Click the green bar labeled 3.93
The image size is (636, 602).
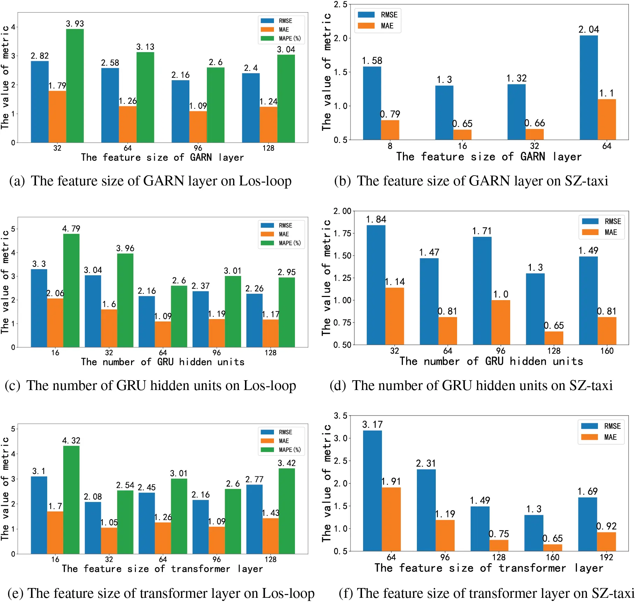click(x=75, y=86)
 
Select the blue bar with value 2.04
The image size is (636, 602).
click(x=588, y=87)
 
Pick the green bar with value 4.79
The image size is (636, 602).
click(x=71, y=290)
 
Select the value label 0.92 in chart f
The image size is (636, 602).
click(x=606, y=526)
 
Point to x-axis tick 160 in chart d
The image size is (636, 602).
click(x=607, y=351)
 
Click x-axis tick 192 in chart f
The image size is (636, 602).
click(x=606, y=557)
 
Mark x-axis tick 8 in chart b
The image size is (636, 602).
click(x=390, y=146)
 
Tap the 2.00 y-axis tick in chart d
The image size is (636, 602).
click(x=342, y=211)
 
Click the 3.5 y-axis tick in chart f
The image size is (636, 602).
click(x=340, y=416)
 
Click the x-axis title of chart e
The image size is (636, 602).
click(x=162, y=569)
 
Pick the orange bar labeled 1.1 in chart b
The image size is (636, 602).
click(x=607, y=119)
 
